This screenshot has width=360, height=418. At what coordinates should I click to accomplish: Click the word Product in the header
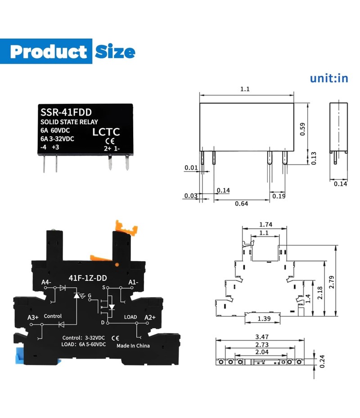[48, 52]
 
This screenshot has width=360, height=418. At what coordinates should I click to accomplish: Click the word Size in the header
[115, 52]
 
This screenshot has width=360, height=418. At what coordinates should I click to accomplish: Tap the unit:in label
[329, 78]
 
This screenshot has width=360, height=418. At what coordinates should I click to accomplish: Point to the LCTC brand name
[106, 132]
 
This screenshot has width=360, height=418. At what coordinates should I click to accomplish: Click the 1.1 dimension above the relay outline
[245, 89]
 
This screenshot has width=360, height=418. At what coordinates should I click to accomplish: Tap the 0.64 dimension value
[241, 204]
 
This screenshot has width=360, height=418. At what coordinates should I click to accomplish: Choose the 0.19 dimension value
[279, 196]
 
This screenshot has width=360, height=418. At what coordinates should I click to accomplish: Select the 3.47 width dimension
[261, 337]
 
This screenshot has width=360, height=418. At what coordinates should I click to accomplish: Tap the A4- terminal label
[46, 282]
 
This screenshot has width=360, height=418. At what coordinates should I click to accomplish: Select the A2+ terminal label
[150, 317]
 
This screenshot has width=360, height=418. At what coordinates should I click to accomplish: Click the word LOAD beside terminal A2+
[130, 317]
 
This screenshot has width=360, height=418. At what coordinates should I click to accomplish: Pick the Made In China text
[133, 346]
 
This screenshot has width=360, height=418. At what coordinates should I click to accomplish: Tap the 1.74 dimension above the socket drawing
[265, 224]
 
